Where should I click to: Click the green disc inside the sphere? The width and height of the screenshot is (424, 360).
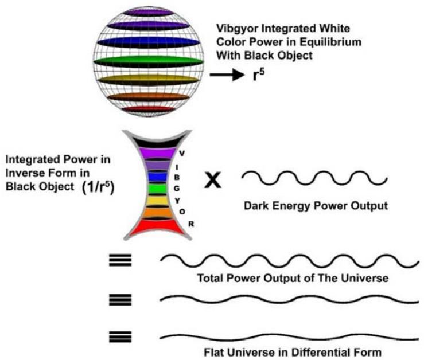[149, 60]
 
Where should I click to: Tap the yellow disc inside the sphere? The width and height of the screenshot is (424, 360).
[149, 79]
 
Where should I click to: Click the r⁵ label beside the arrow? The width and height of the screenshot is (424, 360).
[247, 75]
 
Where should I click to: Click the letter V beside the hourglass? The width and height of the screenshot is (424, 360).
[182, 153]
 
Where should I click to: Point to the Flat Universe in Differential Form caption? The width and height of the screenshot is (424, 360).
[293, 351]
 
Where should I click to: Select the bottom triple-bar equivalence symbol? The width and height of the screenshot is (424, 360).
[120, 336]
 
